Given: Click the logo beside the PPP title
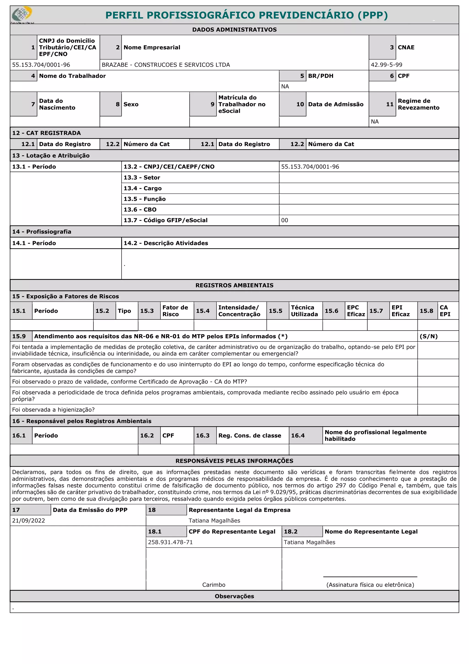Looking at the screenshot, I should (22, 14).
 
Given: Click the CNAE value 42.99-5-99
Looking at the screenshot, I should (386, 65).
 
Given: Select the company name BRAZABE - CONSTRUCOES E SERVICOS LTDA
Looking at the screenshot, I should (166, 65).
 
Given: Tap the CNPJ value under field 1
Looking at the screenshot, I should (41, 65).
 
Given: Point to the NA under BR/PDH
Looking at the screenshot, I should (285, 86).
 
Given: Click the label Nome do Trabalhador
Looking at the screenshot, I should (72, 76).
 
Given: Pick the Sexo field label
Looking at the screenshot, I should (131, 104).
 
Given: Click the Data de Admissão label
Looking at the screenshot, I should (335, 104).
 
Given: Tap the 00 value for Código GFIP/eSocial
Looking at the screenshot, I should (285, 220).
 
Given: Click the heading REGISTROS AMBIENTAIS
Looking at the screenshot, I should (234, 285).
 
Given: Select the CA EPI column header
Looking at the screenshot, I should (445, 311).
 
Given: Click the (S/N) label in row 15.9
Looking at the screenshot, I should (428, 336).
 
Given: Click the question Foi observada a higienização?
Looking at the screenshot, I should (53, 410).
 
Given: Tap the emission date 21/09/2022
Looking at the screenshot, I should (28, 521).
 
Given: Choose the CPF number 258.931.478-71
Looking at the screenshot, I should (170, 542).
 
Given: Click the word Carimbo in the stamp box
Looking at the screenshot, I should (214, 585).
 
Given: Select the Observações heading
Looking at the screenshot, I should (234, 596).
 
